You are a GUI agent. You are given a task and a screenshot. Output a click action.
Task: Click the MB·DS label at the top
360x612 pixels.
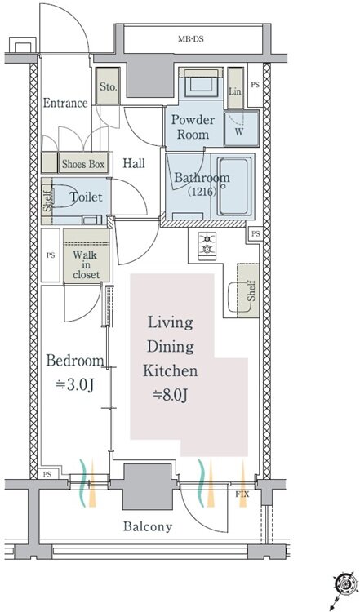click(191, 39)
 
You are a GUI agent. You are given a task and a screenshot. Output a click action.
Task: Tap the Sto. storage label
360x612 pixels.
click(108, 86)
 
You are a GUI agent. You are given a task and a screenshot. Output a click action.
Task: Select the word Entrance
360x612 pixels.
click(65, 103)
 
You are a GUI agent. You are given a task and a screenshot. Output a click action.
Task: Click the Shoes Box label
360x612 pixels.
click(83, 164)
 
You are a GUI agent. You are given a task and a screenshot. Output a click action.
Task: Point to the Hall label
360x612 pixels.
click(134, 163)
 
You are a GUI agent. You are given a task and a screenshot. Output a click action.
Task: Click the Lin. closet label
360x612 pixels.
click(235, 92)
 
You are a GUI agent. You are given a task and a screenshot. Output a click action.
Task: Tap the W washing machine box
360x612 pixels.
click(242, 128)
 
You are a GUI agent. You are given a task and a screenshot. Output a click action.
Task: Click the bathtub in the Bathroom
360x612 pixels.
click(233, 186)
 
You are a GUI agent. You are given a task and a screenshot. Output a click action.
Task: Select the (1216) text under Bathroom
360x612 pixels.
click(202, 192)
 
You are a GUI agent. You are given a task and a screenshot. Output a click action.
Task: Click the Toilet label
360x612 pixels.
click(86, 197)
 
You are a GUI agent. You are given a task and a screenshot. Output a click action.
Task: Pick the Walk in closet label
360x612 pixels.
click(87, 265)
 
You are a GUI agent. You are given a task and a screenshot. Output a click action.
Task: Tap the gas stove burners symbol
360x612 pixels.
click(207, 246)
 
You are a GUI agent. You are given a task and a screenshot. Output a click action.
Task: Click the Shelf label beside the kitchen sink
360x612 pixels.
click(251, 290)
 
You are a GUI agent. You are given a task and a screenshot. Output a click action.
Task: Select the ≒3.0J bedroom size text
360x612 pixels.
click(74, 385)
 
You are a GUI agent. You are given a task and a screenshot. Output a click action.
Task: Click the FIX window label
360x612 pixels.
click(242, 495)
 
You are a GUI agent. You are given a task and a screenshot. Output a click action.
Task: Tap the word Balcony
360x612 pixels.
click(148, 526)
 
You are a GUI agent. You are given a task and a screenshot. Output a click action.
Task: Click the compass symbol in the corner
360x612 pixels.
click(345, 585)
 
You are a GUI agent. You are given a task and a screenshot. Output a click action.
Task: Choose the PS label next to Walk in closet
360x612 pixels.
click(51, 255)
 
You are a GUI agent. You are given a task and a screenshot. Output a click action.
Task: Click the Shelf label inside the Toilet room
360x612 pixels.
click(47, 202)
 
